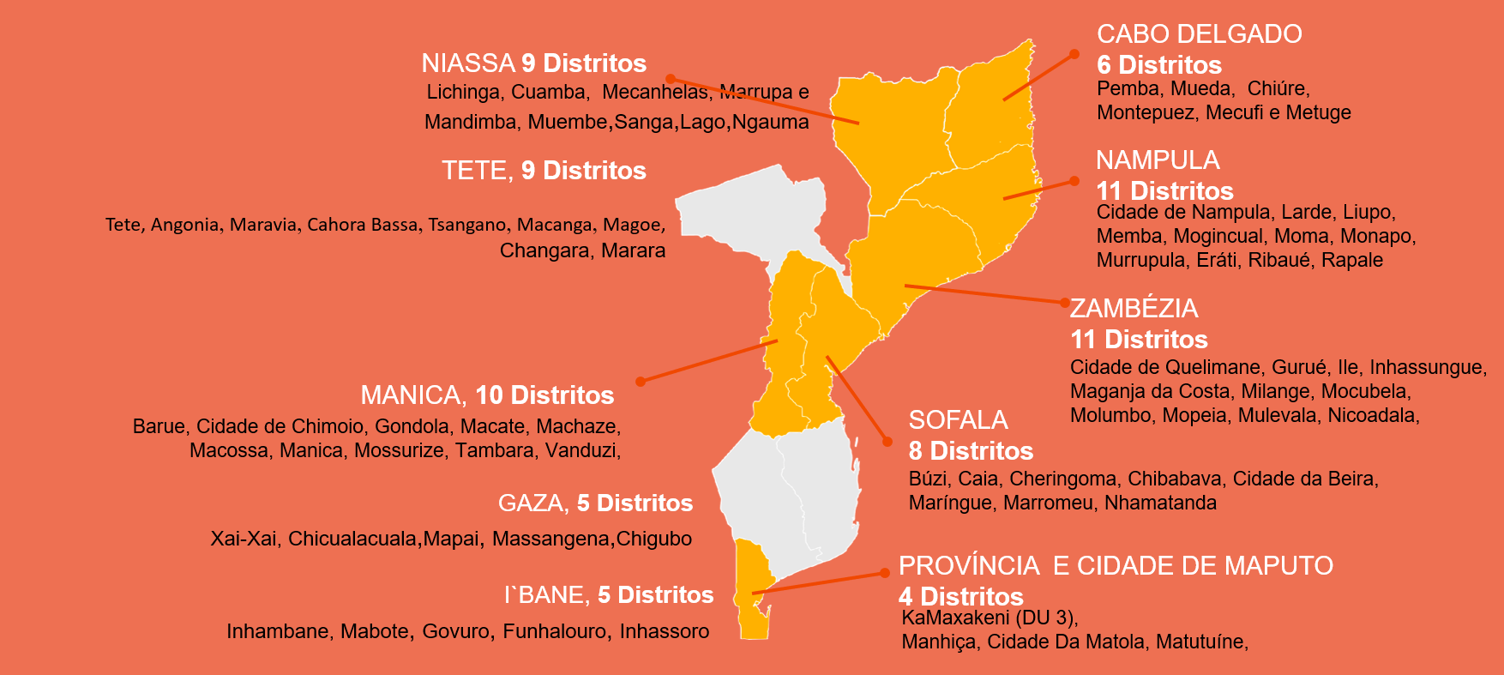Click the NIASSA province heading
pyautogui.click(x=467, y=63)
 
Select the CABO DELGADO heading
pyautogui.click(x=1199, y=34)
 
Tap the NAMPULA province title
pyautogui.click(x=1157, y=160)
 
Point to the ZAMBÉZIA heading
pyautogui.click(x=1134, y=309)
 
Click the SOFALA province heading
pyautogui.click(x=958, y=420)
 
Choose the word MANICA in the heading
pyautogui.click(x=412, y=395)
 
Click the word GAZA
pyautogui.click(x=531, y=503)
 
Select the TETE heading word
pyautogui.click(x=477, y=171)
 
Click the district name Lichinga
pyautogui.click(x=463, y=92)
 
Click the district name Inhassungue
pyautogui.click(x=1427, y=367)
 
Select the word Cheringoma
pyautogui.click(x=1062, y=479)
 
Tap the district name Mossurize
pyautogui.click(x=399, y=450)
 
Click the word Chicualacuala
pyautogui.click(x=352, y=539)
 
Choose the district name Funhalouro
pyautogui.click(x=556, y=631)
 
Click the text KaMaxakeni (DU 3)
pyautogui.click(x=988, y=618)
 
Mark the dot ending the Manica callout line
pyautogui.click(x=640, y=381)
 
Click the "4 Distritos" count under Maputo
pyautogui.click(x=960, y=596)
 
